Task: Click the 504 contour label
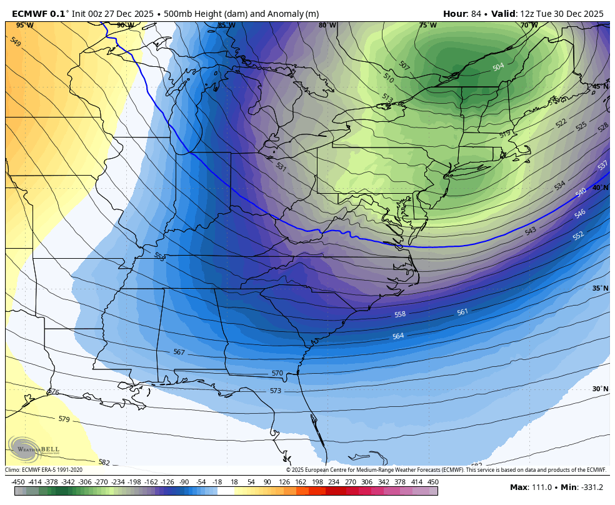coord(498,67)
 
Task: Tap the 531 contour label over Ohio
coord(281,167)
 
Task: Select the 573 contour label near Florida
coord(276,391)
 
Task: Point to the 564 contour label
coord(398,336)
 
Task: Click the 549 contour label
coord(16,42)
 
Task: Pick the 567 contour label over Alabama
coord(179,352)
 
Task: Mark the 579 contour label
coord(64,419)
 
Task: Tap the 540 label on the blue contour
coord(581,192)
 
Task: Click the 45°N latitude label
coord(600,87)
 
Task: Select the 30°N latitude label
coord(600,389)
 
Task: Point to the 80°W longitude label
coord(327,26)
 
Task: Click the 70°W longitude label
coord(529,26)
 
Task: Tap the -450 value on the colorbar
coord(19,482)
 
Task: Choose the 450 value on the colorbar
coord(433,482)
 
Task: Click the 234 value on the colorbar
coord(334,482)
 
